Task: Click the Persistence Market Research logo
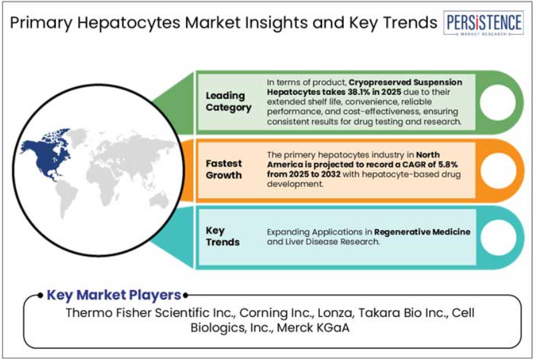point(484,23)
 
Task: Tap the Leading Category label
point(228,101)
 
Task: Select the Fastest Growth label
point(224,169)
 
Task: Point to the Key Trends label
point(223,236)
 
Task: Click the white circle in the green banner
point(498,103)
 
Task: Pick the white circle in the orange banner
point(498,171)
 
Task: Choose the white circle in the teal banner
point(498,237)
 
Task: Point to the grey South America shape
point(67,198)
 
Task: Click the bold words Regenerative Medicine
point(422,232)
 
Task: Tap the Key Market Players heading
point(114,295)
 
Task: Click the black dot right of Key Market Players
point(185,295)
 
